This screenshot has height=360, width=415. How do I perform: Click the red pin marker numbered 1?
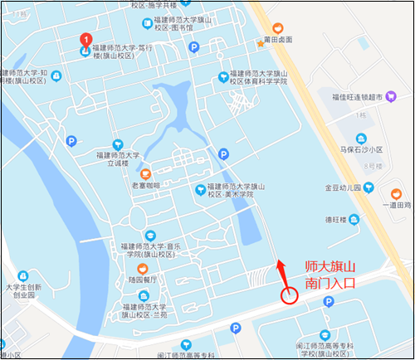(x=85, y=40)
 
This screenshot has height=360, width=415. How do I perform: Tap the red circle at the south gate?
(x=289, y=294)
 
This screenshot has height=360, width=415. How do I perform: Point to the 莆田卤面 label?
(x=277, y=39)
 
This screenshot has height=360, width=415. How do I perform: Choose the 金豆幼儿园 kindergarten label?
(x=343, y=187)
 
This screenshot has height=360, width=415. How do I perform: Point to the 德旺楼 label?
(x=335, y=219)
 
